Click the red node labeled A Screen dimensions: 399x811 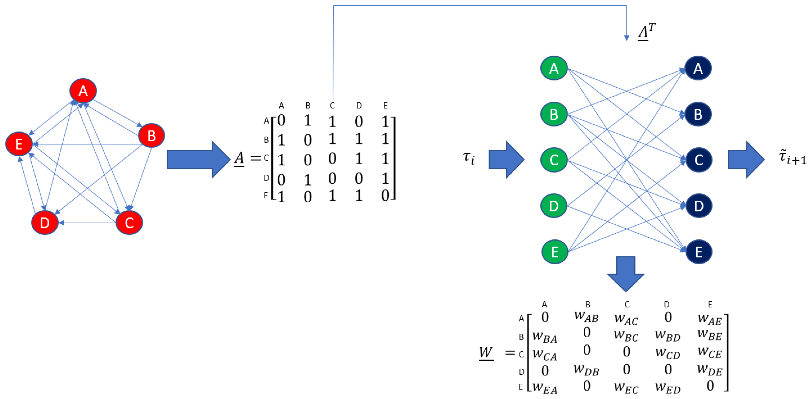[x=83, y=91]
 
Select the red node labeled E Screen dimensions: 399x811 [x=19, y=144]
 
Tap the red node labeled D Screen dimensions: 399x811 [x=45, y=223]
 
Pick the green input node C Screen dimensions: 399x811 [x=554, y=160]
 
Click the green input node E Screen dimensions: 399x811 [x=555, y=252]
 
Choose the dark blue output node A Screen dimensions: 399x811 [x=698, y=68]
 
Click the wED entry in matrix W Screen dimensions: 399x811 [x=668, y=388]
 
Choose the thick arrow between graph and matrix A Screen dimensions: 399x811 [x=198, y=159]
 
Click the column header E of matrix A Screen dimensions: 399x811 [x=385, y=106]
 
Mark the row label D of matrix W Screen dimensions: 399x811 [x=521, y=372]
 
